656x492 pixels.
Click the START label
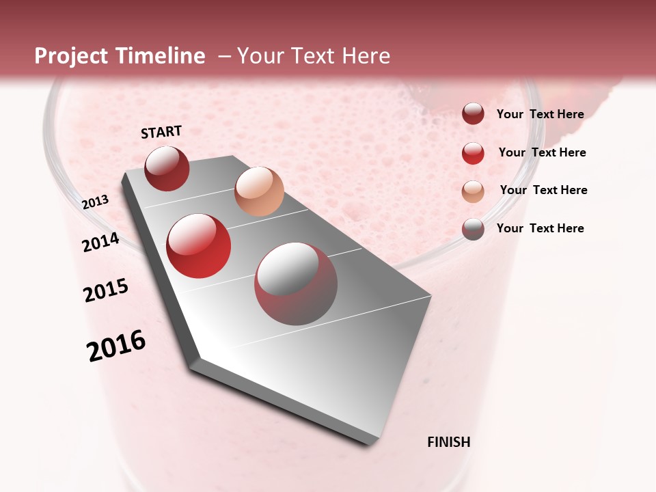point(161,132)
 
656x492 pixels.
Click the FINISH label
point(448,442)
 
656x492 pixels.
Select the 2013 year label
point(95,202)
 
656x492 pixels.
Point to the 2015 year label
point(106,290)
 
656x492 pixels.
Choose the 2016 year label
point(116,346)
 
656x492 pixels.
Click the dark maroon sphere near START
point(167,168)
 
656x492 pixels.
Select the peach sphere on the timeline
point(259,191)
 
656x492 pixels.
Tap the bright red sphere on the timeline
point(199,246)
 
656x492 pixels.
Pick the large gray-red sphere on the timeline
point(296,284)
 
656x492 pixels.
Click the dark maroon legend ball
point(473,114)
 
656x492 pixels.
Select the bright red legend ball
point(473,153)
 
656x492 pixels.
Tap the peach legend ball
point(473,191)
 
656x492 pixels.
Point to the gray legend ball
point(473,229)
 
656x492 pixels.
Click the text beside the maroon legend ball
point(540,114)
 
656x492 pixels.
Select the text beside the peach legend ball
point(543,190)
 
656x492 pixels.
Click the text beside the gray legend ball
point(540,228)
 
